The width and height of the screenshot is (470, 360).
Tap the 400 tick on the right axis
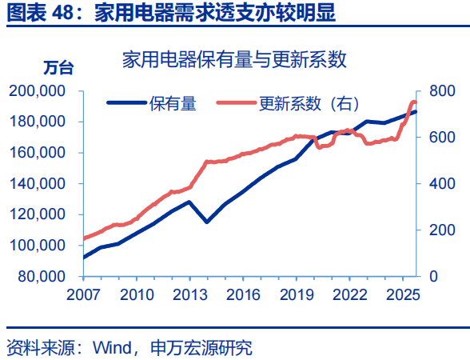pos(441,183)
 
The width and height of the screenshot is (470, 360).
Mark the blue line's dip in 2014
pos(206,221)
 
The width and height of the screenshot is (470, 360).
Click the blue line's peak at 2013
pos(189,202)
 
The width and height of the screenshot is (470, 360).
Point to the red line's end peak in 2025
pos(413,102)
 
